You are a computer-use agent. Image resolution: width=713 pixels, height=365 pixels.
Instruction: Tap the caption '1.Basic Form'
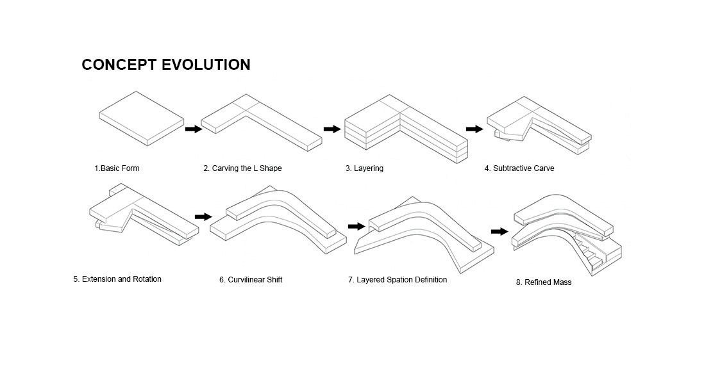(x=117, y=168)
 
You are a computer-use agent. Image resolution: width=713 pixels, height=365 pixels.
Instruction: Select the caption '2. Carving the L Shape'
(x=242, y=168)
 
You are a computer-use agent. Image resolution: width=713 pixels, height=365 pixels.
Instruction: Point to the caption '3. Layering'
(x=364, y=168)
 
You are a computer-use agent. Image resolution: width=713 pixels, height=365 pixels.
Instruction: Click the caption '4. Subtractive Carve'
(x=519, y=168)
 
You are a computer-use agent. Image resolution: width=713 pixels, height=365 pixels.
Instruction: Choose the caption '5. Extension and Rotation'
(x=117, y=279)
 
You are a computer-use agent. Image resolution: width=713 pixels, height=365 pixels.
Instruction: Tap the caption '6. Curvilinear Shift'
(x=251, y=280)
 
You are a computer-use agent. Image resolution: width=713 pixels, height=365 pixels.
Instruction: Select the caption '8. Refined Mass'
(x=544, y=282)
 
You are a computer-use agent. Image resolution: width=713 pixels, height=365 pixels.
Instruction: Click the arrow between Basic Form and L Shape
(x=193, y=129)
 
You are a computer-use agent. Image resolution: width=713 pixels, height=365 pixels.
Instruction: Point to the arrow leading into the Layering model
(x=332, y=129)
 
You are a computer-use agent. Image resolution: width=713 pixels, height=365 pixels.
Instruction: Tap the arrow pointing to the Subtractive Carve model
(x=474, y=129)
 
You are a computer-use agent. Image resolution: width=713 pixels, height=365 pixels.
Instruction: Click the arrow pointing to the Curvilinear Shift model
(x=203, y=217)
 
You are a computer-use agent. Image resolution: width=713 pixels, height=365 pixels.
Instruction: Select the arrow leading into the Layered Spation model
(x=356, y=226)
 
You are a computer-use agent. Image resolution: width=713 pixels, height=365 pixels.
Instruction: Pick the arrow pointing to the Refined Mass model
(x=499, y=231)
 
